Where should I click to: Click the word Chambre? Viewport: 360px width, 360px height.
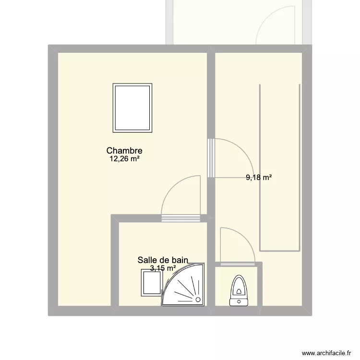tap(124, 151)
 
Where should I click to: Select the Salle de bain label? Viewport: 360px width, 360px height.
tap(162, 260)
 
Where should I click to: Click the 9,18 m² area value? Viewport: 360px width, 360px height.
tap(259, 178)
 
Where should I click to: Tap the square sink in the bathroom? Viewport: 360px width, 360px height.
tap(150, 282)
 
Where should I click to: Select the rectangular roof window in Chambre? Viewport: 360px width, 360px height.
tap(132, 108)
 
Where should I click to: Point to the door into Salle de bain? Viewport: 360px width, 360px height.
tap(180, 218)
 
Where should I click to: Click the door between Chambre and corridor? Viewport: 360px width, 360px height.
tap(210, 158)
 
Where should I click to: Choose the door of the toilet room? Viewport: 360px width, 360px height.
tap(237, 264)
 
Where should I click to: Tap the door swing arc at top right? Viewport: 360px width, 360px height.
tap(276, 24)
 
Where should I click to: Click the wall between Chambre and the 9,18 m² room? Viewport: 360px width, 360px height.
tap(210, 96)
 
